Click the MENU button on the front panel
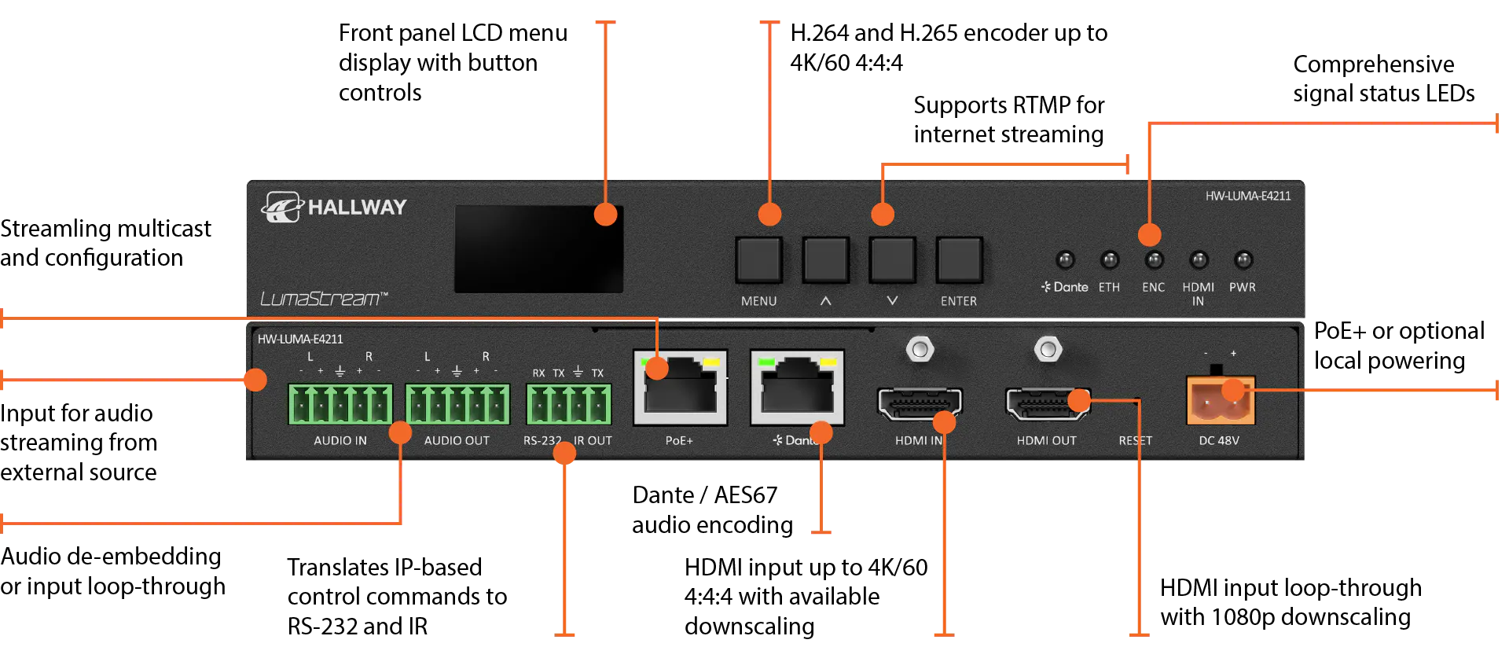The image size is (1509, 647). pos(758,259)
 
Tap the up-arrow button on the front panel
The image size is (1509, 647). pos(825,259)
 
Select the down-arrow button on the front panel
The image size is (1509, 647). pos(892,259)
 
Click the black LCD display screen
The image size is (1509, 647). pos(539,249)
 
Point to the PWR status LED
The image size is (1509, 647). pos(1243,259)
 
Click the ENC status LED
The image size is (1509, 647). pos(1154,259)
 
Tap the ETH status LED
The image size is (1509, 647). pos(1109,259)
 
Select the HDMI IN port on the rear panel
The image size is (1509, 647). pos(920,403)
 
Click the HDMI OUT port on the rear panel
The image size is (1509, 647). pos(1048,403)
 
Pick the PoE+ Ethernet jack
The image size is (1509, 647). pos(680,388)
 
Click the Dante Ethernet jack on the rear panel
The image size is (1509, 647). pos(797,388)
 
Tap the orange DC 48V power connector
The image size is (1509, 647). pos(1220,400)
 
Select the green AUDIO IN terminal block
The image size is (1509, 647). pos(340,404)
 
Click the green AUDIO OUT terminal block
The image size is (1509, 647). pos(457,404)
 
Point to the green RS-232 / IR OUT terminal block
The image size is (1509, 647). pos(568,404)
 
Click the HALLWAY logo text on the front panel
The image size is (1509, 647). pos(357,208)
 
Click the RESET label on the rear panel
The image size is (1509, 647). pos(1135,441)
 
